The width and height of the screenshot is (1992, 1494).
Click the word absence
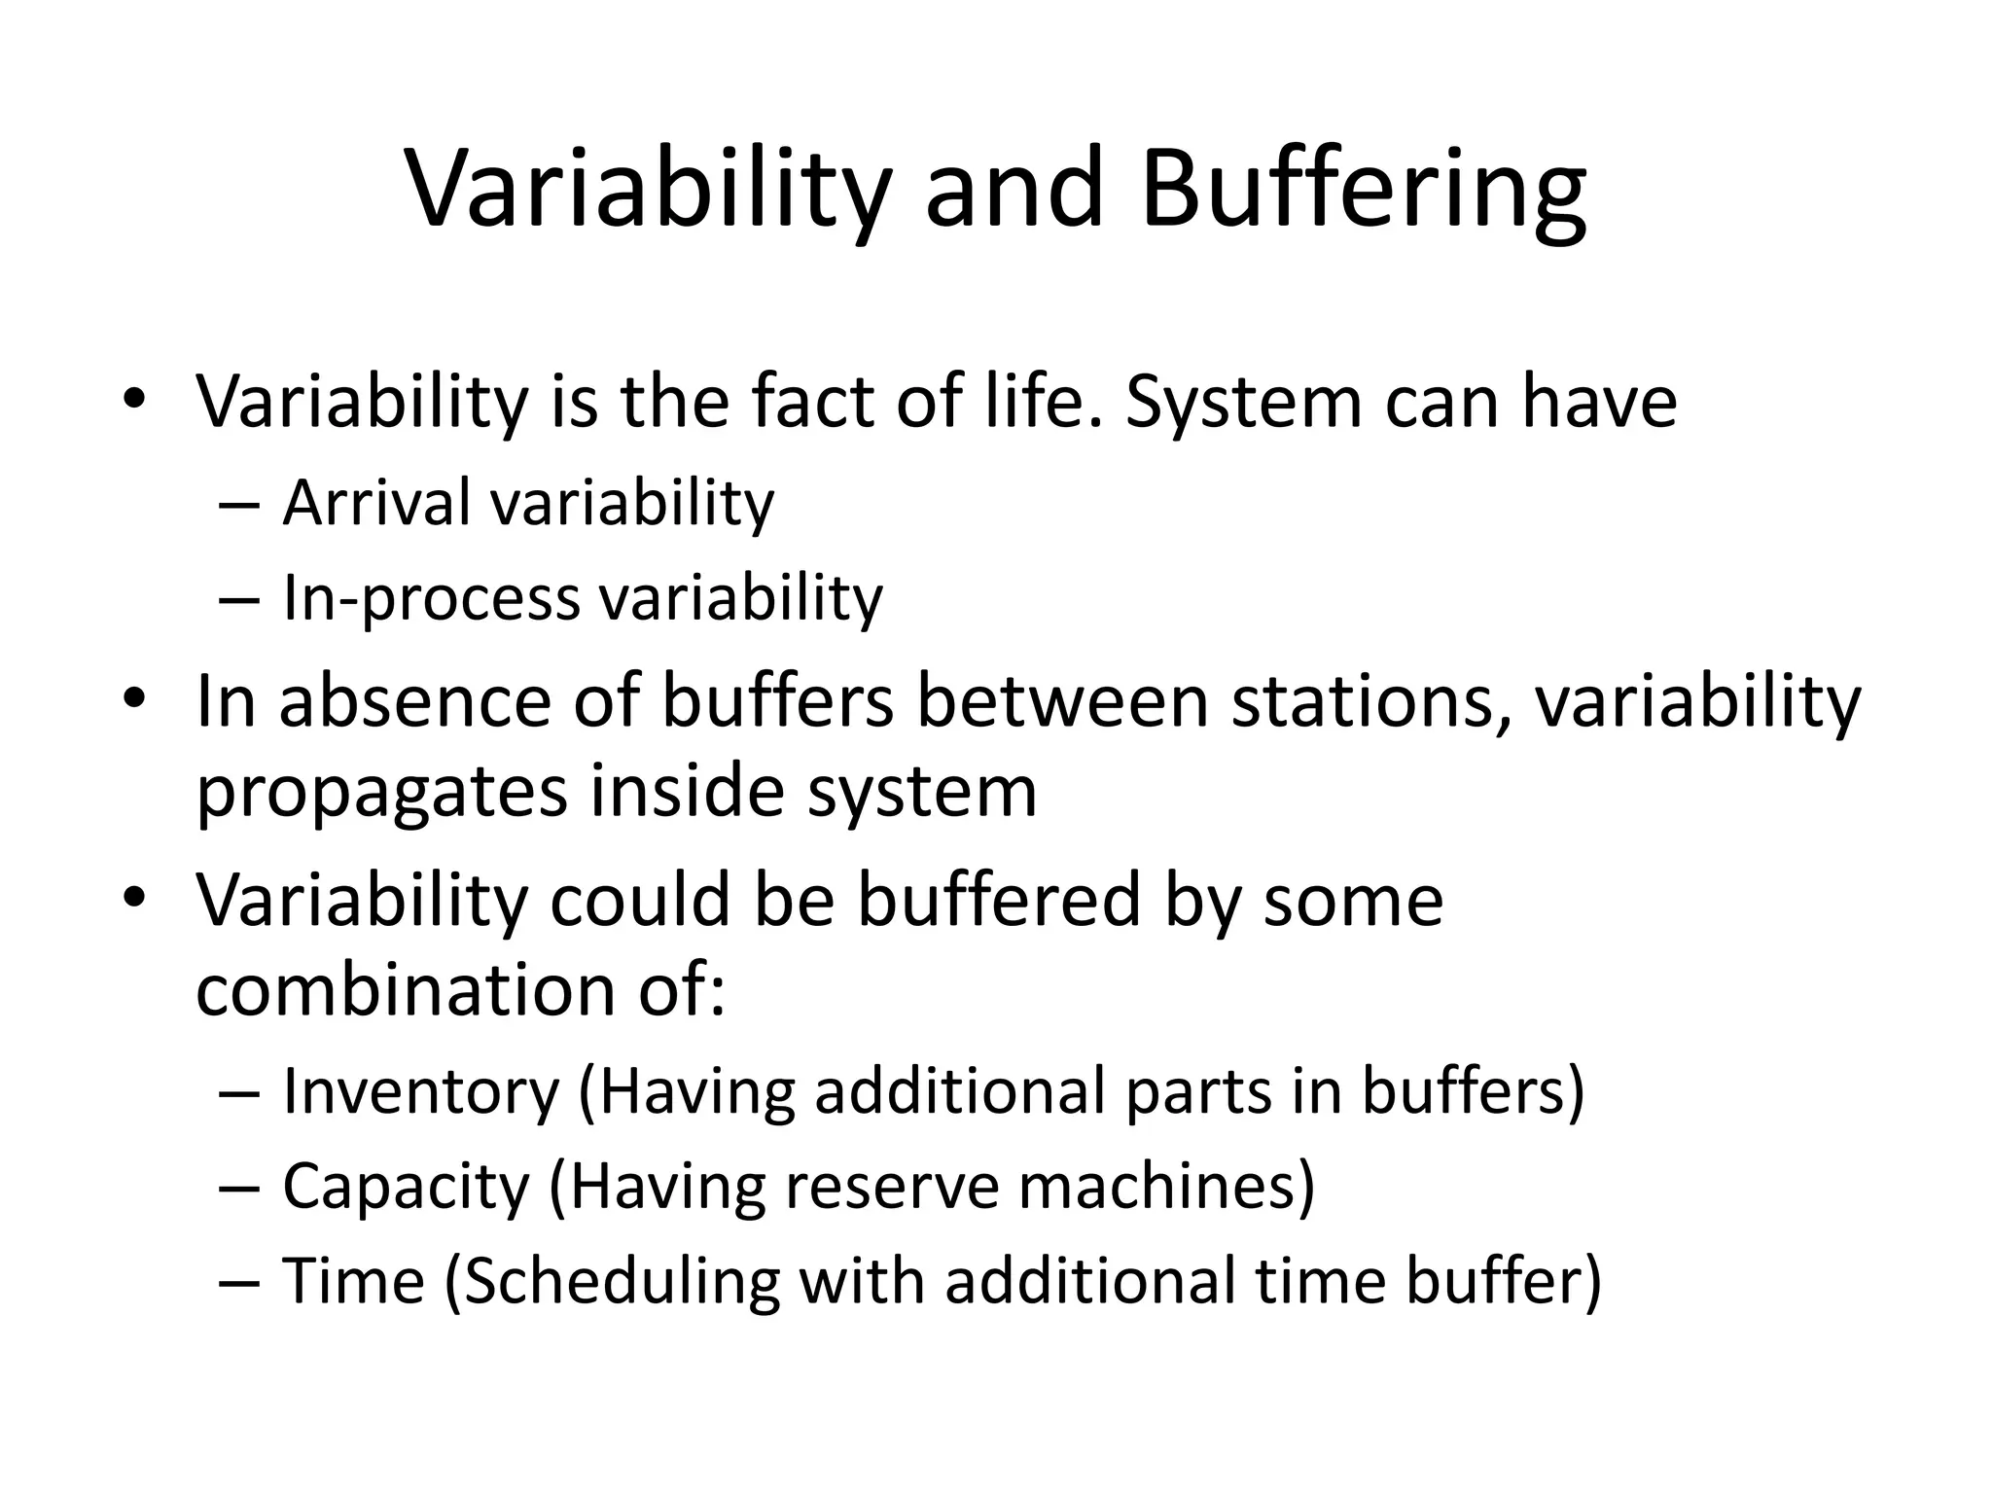click(x=412, y=701)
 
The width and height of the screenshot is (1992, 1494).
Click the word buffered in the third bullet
click(x=997, y=900)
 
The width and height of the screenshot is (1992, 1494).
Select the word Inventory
click(x=421, y=1092)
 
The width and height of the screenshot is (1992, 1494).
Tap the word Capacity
click(x=406, y=1187)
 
